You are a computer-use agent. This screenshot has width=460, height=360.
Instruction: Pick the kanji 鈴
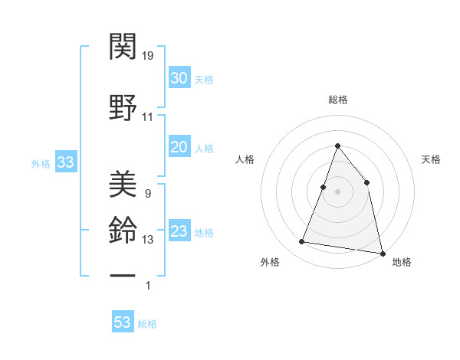[x=123, y=229]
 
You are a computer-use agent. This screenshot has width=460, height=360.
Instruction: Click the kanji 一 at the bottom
[x=123, y=274]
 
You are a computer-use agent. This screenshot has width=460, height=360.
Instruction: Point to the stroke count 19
[x=149, y=55]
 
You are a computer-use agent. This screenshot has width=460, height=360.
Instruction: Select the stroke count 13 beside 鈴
[x=148, y=240]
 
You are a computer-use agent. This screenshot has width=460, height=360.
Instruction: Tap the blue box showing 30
[x=179, y=77]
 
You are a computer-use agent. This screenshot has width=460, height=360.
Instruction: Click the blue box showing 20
[x=179, y=147]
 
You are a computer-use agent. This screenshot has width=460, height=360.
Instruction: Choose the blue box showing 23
[x=179, y=231]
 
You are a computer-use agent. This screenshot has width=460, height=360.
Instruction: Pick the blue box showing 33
[x=65, y=162]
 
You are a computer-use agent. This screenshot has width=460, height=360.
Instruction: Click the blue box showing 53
[x=123, y=322]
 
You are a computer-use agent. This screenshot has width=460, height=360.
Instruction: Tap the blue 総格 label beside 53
[x=147, y=324]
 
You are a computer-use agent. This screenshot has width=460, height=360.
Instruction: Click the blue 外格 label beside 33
[x=40, y=163]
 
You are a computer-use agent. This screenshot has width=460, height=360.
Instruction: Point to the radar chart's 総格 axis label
[x=338, y=100]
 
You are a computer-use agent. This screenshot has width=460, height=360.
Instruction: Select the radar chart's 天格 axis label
[x=431, y=159]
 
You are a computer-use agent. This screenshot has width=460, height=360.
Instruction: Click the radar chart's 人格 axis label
[x=245, y=159]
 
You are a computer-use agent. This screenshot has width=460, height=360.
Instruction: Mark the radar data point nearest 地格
[x=383, y=252]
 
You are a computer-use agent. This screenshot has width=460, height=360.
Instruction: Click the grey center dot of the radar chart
[x=338, y=191]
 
